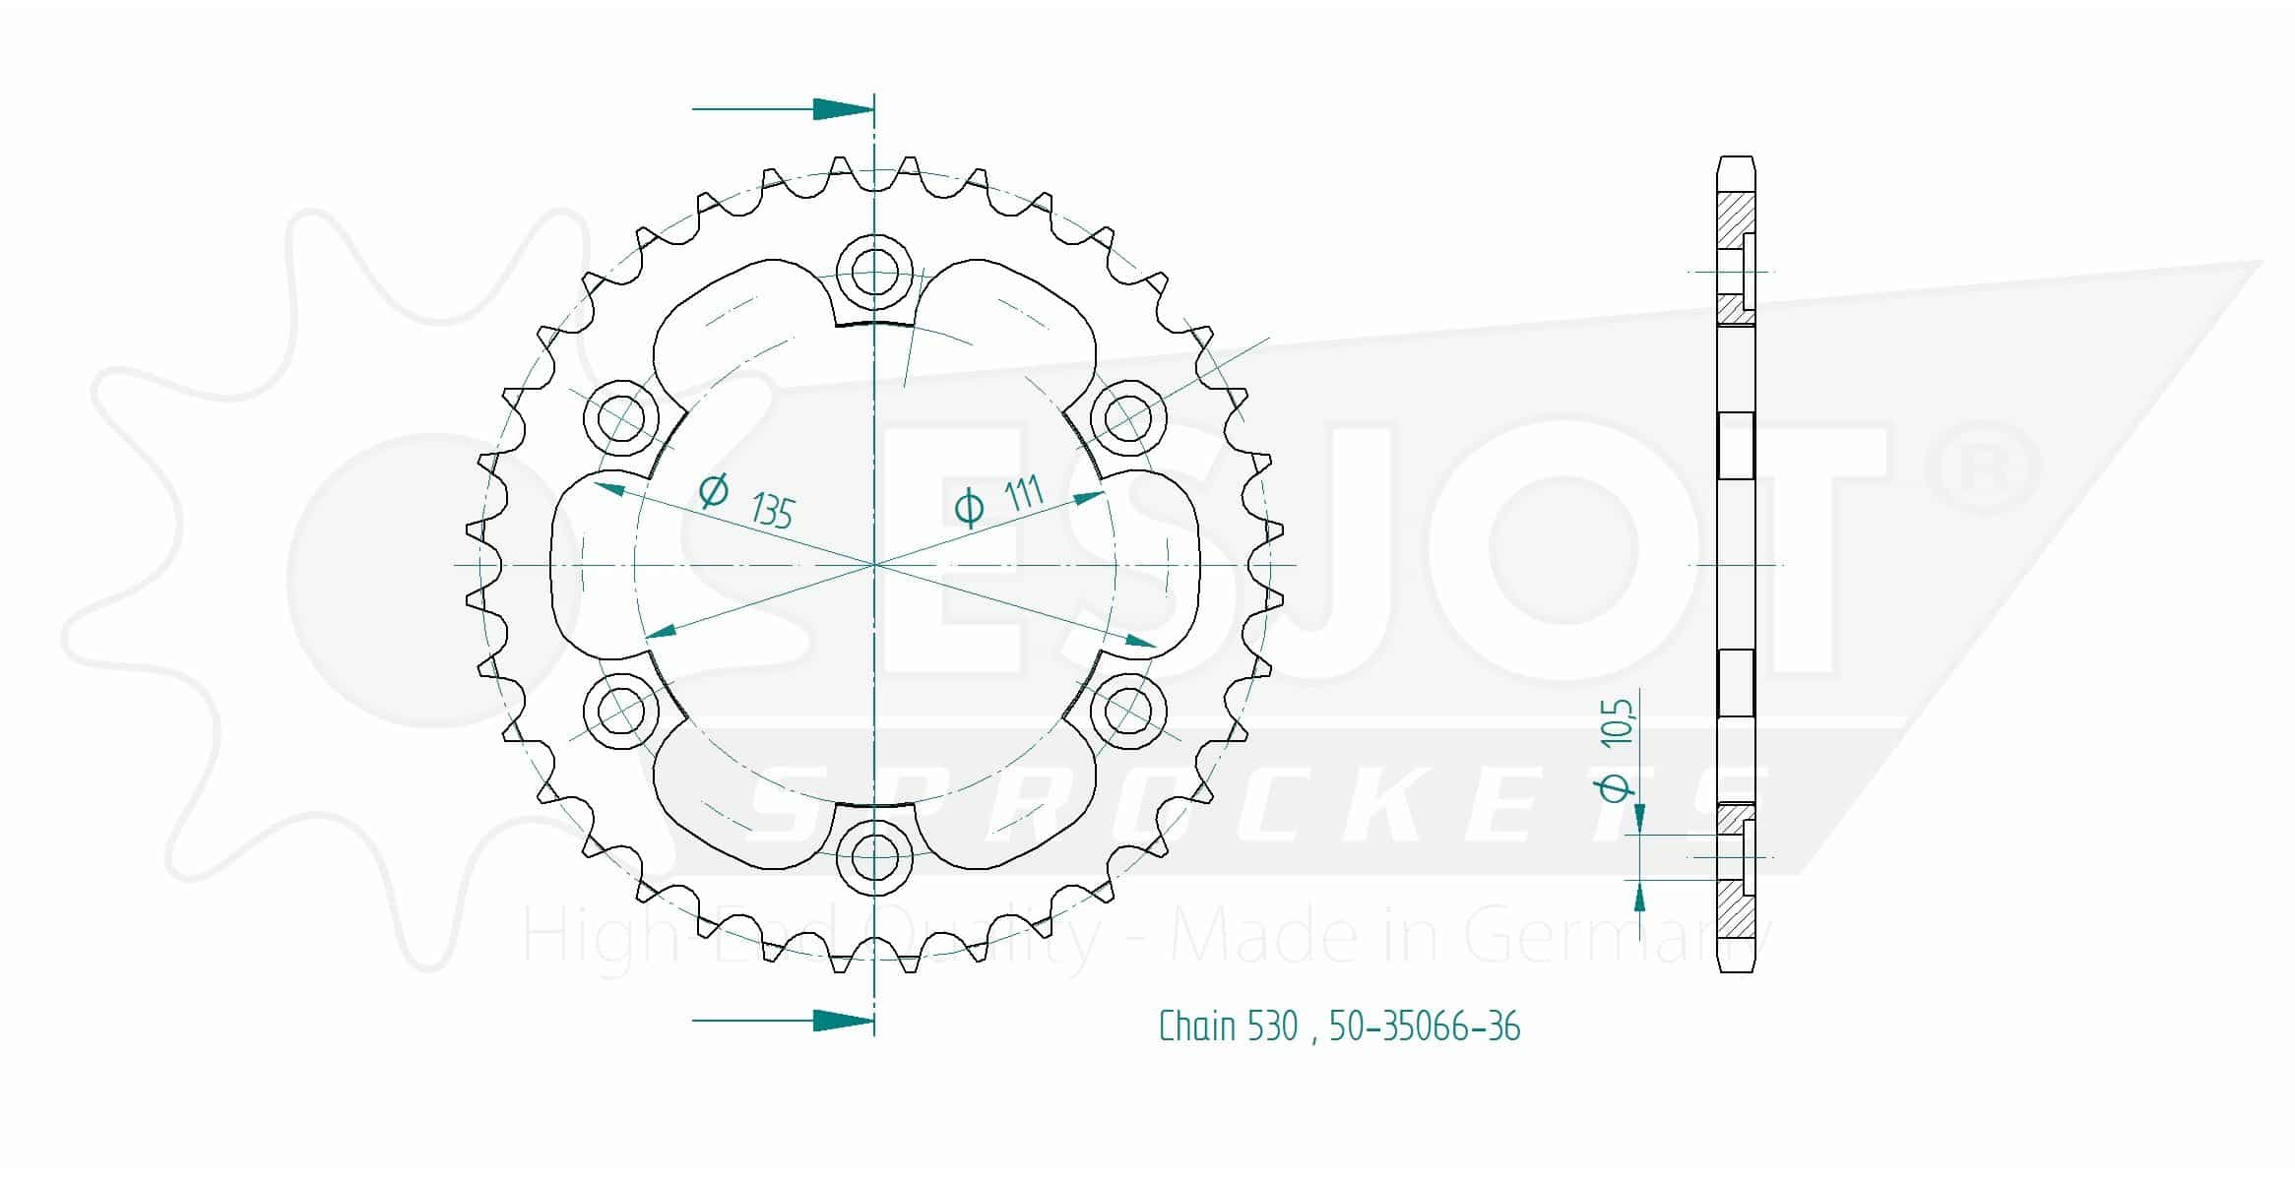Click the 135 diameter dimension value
pos(772,511)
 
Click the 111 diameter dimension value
pos(1025,492)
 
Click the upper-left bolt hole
pos(621,417)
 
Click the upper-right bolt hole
pos(1128,417)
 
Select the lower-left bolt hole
pos(621,710)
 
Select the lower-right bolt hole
pos(1128,710)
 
